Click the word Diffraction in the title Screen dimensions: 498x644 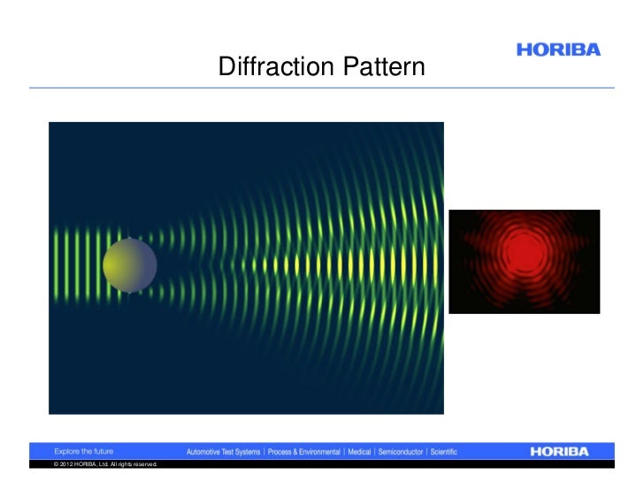271,68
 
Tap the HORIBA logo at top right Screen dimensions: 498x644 557,50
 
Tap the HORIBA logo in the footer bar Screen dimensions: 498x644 571,451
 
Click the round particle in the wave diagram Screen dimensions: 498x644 130,264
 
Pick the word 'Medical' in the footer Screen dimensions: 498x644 359,452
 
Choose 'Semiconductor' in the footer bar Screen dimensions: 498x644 400,452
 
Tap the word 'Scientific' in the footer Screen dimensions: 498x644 442,452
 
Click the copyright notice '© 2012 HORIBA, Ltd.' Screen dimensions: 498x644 85,464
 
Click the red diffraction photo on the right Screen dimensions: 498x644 524,261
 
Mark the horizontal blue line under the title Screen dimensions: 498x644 322,88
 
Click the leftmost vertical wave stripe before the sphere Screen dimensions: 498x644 57,264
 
